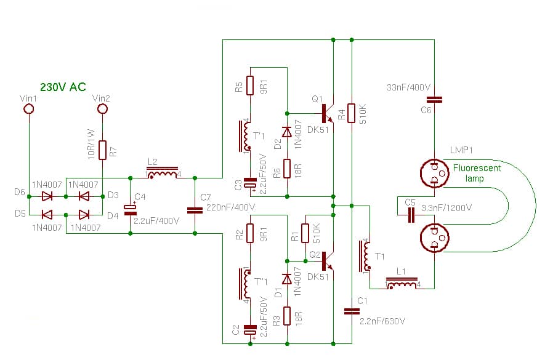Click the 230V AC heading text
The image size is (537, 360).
(63, 87)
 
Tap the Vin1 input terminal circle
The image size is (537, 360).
(28, 110)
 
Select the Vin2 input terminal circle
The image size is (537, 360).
(102, 110)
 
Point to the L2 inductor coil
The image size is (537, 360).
(163, 174)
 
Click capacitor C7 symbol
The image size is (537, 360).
(195, 209)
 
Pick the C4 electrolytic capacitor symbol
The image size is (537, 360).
(130, 209)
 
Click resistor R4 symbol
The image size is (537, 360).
(351, 113)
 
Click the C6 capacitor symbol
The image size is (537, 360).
(435, 98)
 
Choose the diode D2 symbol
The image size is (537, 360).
(286, 132)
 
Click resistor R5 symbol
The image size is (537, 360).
(250, 86)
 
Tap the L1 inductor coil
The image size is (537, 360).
(403, 285)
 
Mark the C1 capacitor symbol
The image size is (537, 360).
(351, 311)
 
